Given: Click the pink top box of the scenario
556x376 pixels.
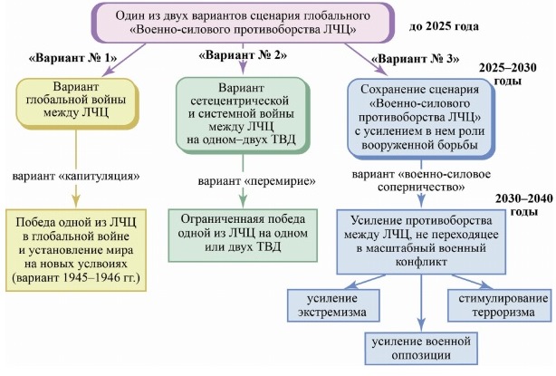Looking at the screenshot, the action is pos(244,23).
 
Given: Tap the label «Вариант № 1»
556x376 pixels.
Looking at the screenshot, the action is pos(73,58).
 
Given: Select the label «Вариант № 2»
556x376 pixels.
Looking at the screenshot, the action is pos(243,55).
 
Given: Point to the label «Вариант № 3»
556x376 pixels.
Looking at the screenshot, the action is pos(416,59).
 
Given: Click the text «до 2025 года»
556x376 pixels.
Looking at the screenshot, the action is pos(444,26).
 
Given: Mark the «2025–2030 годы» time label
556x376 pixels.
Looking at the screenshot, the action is pos(507,74).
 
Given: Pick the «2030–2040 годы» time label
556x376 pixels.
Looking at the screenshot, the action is pos(523,205).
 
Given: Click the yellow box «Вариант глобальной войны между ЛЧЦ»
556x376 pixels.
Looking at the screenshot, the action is pos(77,103).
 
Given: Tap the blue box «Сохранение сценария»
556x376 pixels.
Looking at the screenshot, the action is pos(420,119).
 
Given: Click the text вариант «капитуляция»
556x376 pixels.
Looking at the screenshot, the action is pos(76,177).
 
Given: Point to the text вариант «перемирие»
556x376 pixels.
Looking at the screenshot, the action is pos(257,181).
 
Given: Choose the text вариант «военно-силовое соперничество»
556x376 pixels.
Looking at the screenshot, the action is pos(421,180).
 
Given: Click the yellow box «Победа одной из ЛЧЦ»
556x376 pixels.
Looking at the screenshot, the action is pos(76,250).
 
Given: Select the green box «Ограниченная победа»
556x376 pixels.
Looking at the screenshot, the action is pos(243,236).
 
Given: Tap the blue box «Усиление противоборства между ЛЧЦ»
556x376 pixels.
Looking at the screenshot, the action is pos(421,242).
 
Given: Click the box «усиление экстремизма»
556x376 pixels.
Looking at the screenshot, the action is pos(333,305).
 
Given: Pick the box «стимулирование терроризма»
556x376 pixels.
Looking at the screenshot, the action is pos(500,305).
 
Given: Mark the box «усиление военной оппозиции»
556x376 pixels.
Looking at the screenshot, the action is pos(421,348).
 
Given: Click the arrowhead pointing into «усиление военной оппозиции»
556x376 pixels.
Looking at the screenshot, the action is pos(421,325).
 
